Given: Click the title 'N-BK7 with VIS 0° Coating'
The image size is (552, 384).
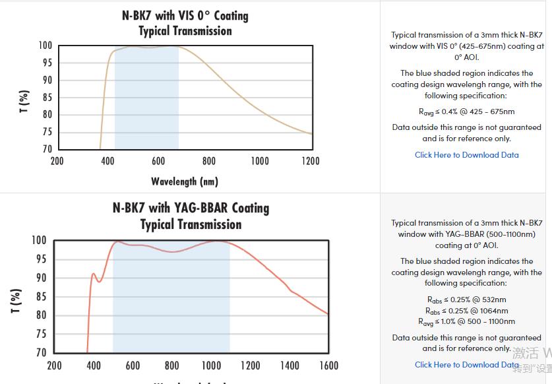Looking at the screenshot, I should coord(185,15).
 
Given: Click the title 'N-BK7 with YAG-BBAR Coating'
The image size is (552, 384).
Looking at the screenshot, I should coord(191,208).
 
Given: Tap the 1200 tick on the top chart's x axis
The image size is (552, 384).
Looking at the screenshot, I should coord(310,161).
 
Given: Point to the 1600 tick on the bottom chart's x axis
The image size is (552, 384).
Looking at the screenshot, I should coord(328,366).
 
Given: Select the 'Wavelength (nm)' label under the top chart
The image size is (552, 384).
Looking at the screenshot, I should coord(185,181).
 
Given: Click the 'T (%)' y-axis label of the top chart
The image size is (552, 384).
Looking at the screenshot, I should coord(24,101).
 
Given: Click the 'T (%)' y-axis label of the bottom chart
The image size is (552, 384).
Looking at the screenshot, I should coord(18,300).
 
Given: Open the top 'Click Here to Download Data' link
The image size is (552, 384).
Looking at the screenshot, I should coord(466,155).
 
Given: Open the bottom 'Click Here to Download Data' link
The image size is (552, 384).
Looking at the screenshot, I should coord(466,364).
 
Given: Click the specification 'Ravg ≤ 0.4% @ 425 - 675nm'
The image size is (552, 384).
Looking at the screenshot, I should coord(466,112).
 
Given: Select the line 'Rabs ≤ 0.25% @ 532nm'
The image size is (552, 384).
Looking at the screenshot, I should coord(466,300).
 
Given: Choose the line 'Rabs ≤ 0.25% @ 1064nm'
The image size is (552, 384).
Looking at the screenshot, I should coord(466,311).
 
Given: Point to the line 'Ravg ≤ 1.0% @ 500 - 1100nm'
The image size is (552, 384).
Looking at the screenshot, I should coord(466,322).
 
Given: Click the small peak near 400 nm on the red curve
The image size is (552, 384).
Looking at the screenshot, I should coord(93,273).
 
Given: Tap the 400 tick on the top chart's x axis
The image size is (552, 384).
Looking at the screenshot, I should coord(108,161).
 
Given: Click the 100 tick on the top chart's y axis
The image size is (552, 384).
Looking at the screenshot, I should coord(45,46).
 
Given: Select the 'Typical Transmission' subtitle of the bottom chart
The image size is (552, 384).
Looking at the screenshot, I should coord(191,224).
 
